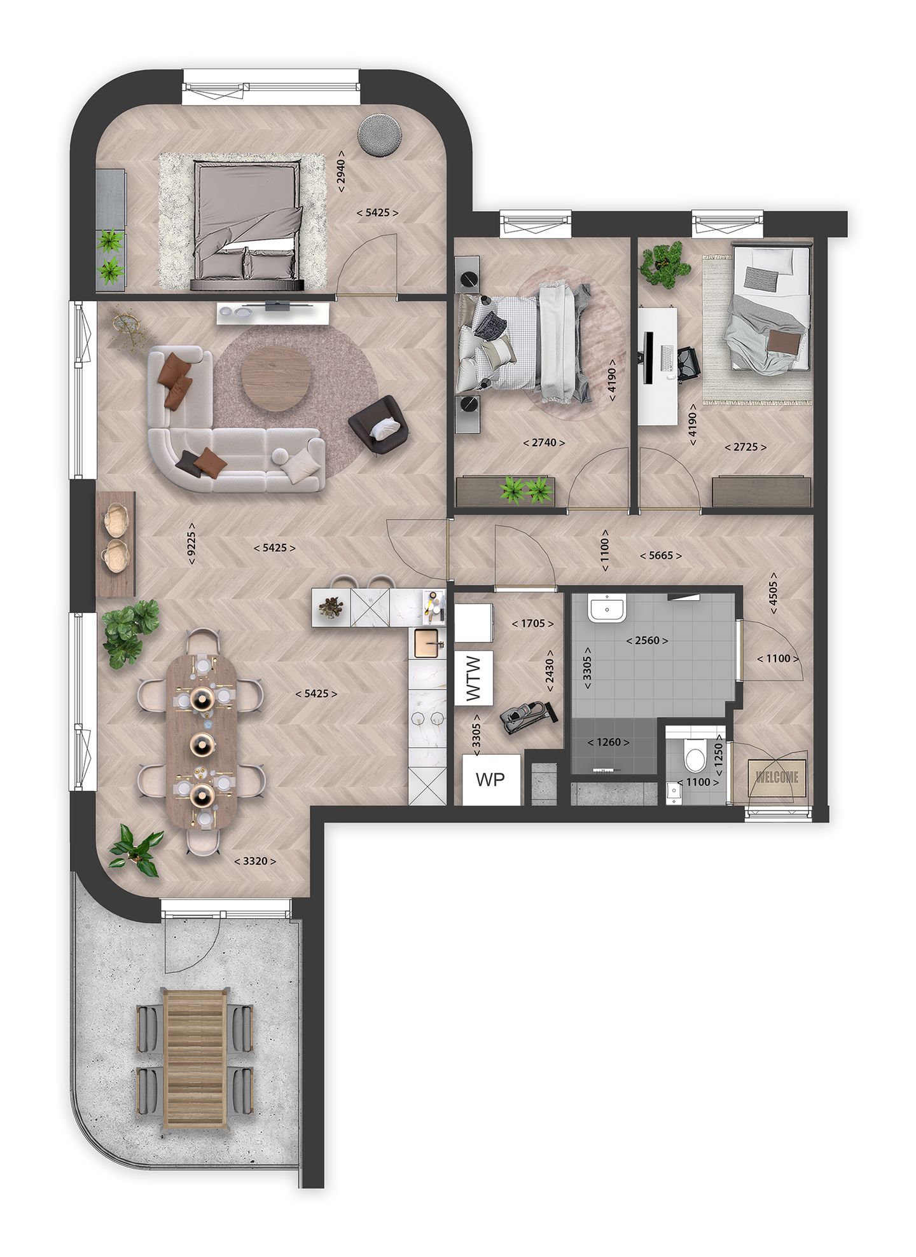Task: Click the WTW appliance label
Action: click(474, 678)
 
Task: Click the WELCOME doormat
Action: click(777, 776)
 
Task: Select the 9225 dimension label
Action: click(191, 547)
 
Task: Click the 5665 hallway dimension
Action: click(662, 555)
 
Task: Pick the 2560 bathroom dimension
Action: click(648, 640)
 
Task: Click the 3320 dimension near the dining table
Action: click(255, 862)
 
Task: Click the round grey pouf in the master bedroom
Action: click(379, 134)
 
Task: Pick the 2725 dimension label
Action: click(746, 447)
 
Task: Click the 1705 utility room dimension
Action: click(529, 624)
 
